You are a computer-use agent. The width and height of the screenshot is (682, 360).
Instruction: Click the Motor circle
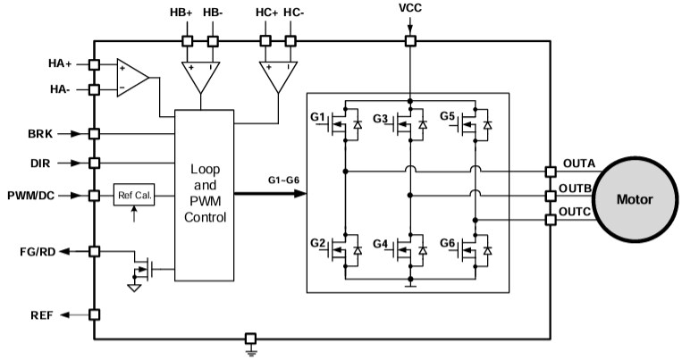point(635,198)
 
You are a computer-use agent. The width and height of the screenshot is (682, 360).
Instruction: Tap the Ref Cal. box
point(133,195)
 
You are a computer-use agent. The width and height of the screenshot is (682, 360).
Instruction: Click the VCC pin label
point(410,8)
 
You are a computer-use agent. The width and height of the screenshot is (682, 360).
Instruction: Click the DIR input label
point(41,163)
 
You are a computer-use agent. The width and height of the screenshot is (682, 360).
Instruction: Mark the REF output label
point(40,314)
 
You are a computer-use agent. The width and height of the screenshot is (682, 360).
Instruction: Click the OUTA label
point(579,163)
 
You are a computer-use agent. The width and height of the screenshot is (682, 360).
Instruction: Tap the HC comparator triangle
point(277,75)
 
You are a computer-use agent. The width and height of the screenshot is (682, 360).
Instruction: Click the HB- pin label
point(214,13)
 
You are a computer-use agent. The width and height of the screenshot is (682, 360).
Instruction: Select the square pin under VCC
point(410,41)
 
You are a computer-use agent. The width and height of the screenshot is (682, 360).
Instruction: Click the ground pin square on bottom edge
point(251,339)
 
